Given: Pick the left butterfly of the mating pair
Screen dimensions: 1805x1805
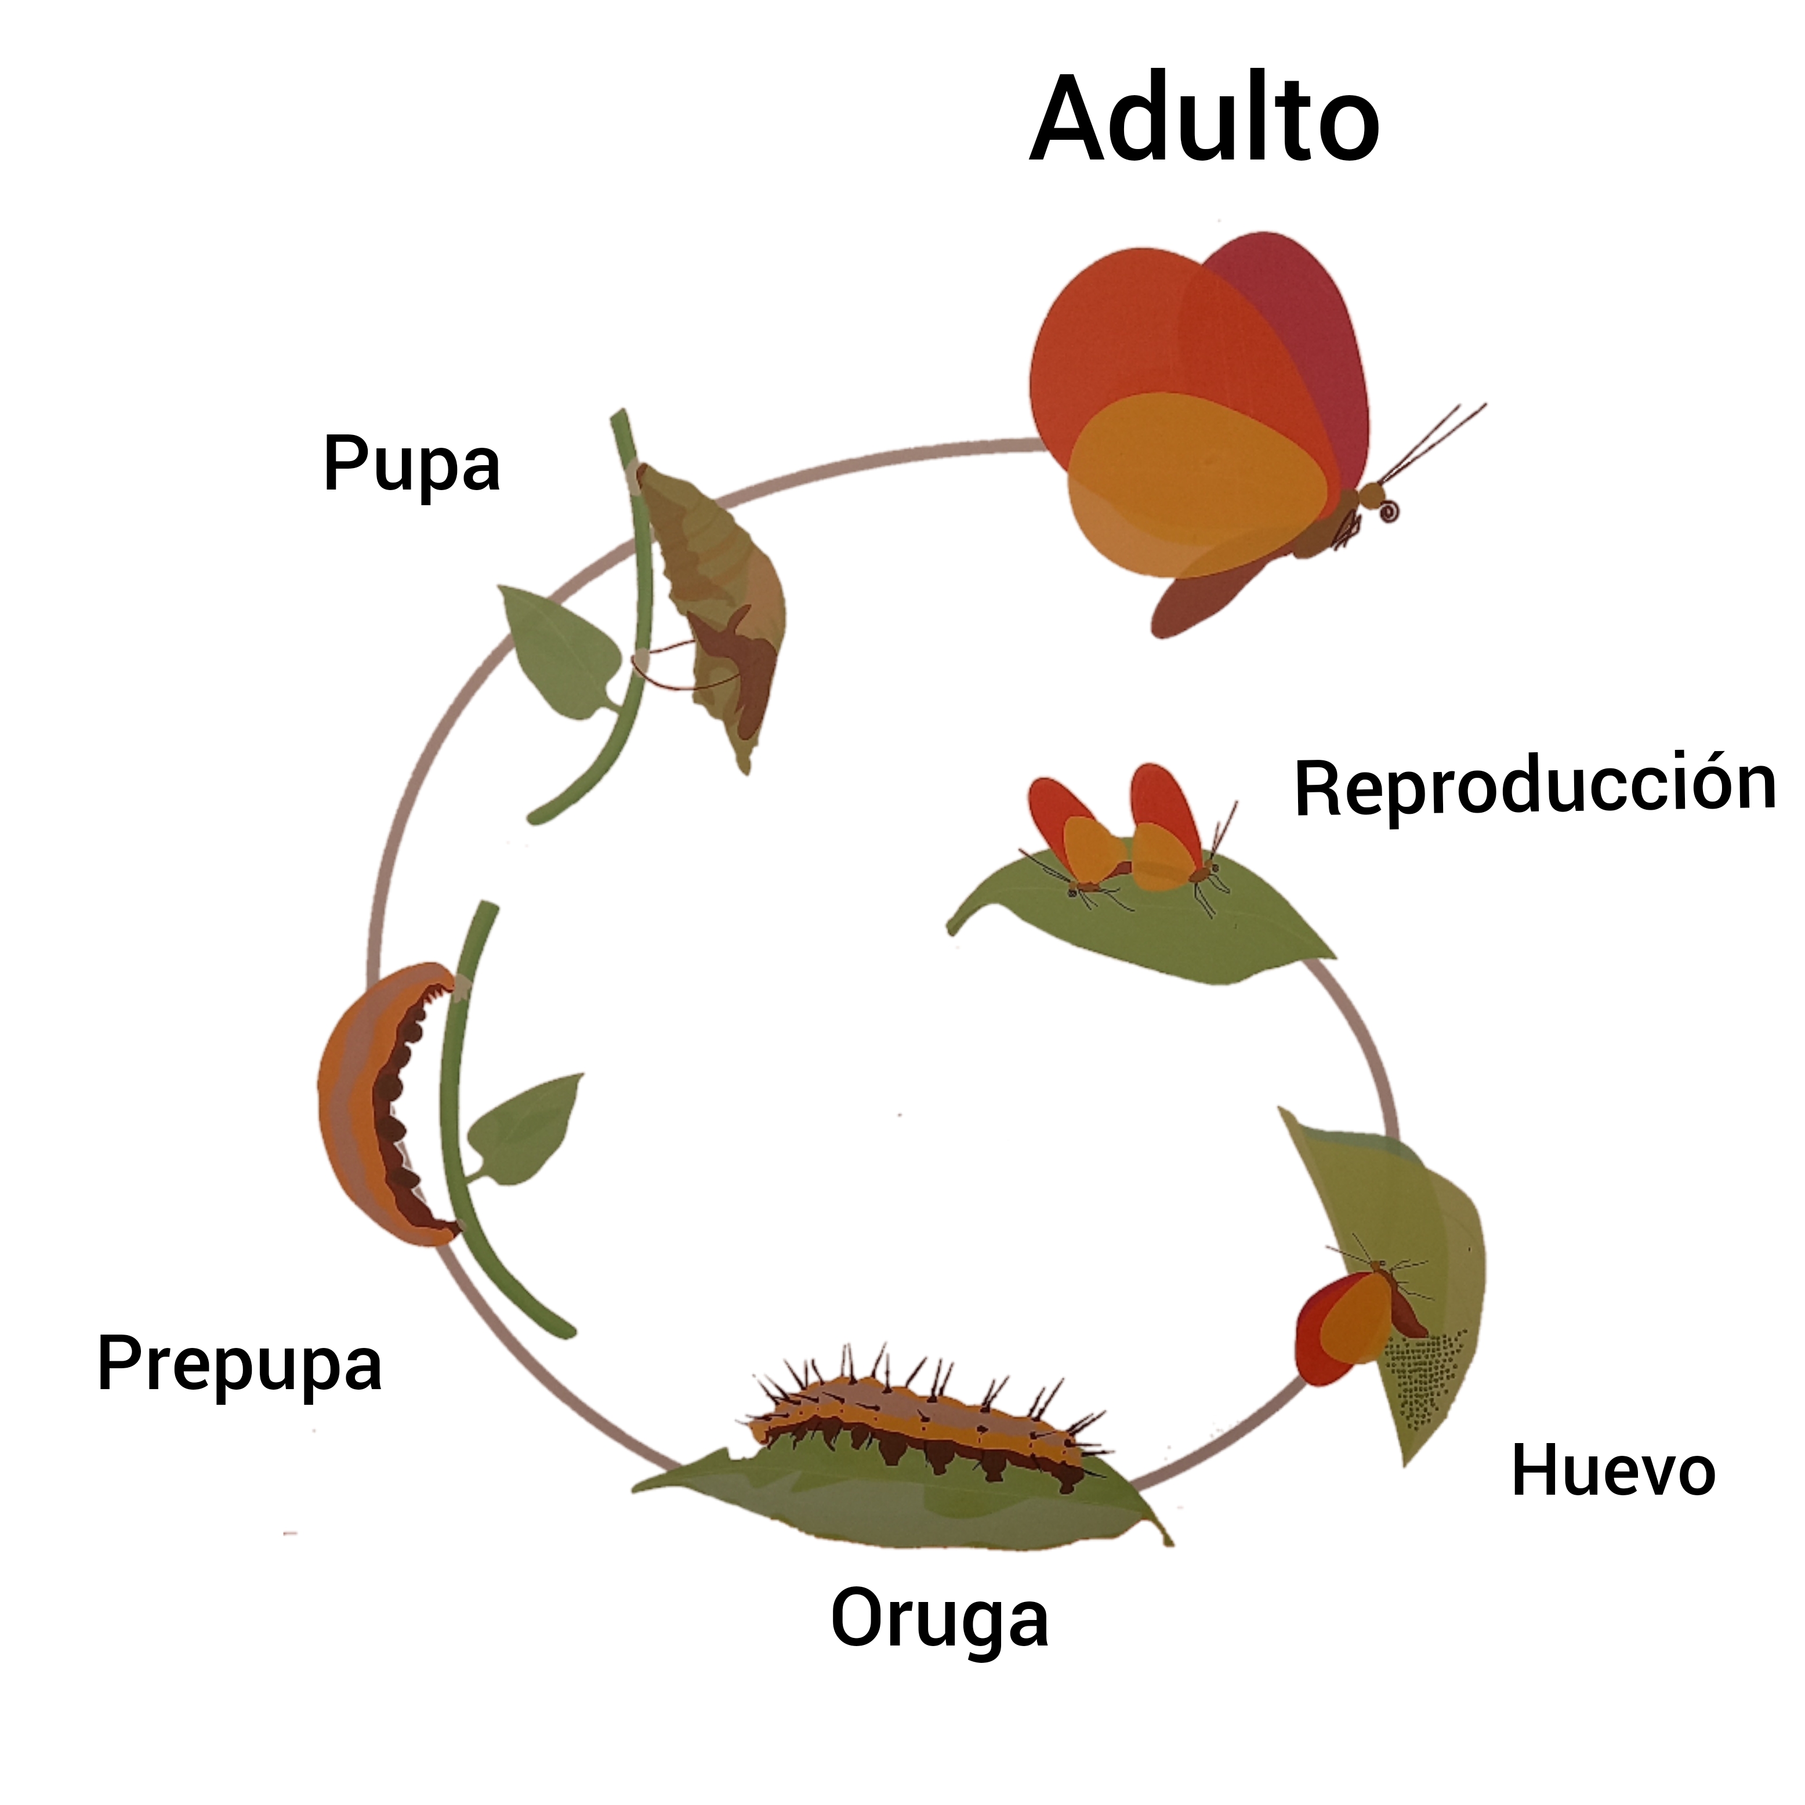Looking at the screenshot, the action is point(1074,836).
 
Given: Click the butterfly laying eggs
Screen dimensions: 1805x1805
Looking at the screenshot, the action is point(1355,1317).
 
